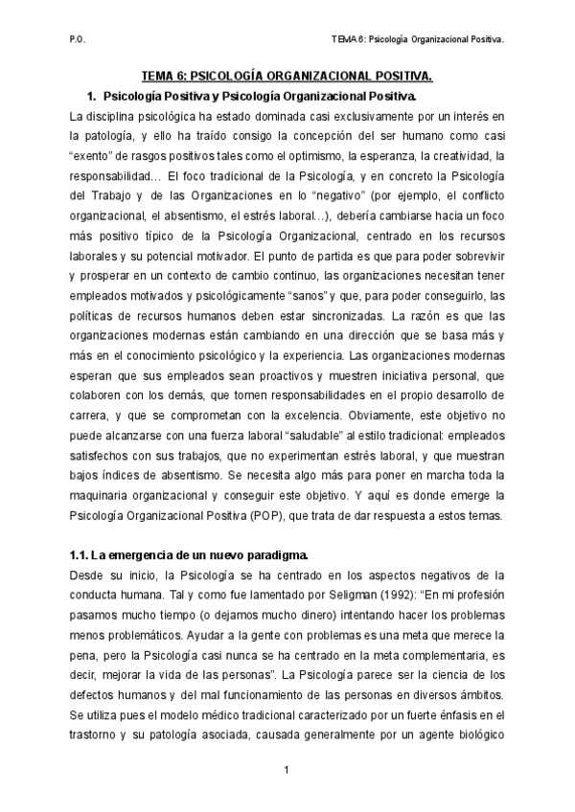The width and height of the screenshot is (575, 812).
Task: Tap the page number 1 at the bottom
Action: (287, 770)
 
